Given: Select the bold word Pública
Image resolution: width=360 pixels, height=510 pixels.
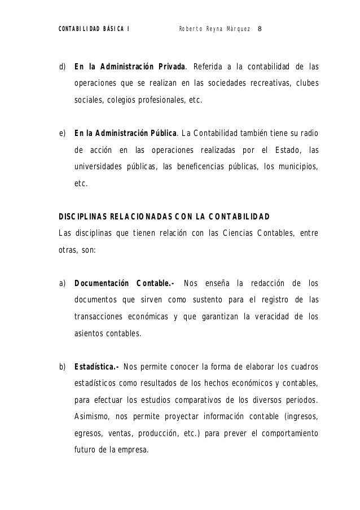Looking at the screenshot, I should [160, 134].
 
